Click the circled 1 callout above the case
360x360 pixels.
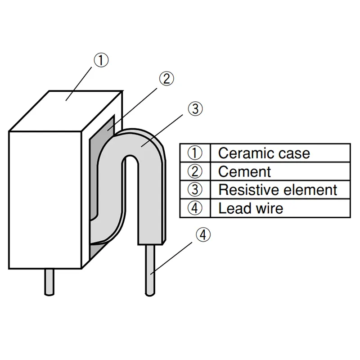(x=101, y=60)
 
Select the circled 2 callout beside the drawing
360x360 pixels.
(x=166, y=79)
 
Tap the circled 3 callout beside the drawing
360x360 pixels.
(x=195, y=109)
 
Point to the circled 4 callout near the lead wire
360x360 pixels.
(x=203, y=235)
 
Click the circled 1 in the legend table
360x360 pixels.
(x=195, y=153)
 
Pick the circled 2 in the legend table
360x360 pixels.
(x=195, y=171)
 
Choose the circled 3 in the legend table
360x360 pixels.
(x=195, y=190)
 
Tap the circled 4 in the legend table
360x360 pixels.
(x=195, y=208)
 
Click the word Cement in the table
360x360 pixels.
(x=244, y=172)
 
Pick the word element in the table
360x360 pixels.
(x=310, y=190)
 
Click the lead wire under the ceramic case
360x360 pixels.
(x=49, y=282)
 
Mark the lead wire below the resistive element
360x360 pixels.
(x=150, y=270)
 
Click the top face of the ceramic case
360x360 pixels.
(x=65, y=111)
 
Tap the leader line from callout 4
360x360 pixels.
(x=171, y=258)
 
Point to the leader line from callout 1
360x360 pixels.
(x=79, y=84)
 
